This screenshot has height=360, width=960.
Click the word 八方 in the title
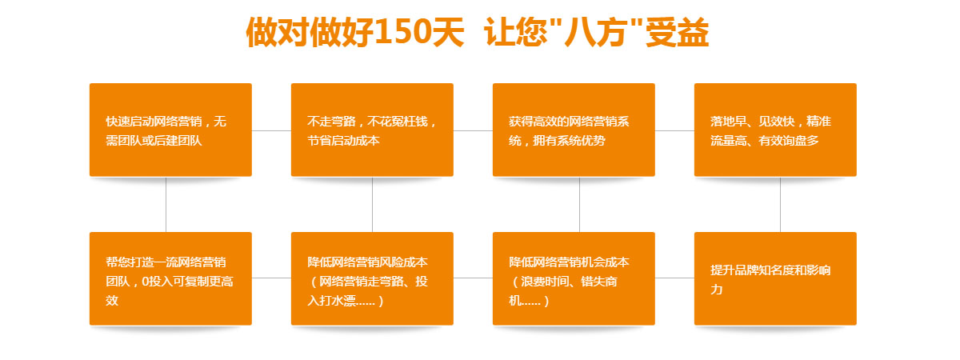tap(596, 32)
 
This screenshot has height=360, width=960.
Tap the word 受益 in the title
tap(677, 32)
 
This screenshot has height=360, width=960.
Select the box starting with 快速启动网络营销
tap(170, 130)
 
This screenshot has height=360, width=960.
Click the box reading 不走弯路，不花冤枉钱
tap(372, 130)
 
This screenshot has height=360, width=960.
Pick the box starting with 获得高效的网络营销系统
tap(574, 130)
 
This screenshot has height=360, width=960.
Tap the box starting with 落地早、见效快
tap(775, 130)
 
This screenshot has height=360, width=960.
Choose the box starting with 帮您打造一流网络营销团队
tap(170, 278)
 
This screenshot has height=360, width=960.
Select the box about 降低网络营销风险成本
tap(372, 278)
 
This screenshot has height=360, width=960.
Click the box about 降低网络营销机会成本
tap(574, 278)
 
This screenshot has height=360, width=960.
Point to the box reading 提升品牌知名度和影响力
tap(775, 278)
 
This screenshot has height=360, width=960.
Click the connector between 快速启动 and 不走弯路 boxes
tap(271, 130)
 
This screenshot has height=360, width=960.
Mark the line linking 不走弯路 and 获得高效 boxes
tap(473, 130)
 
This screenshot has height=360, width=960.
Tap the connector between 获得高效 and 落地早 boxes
tap(674, 130)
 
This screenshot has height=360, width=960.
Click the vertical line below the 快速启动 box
tap(166, 205)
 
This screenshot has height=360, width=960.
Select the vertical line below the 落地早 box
tap(780, 205)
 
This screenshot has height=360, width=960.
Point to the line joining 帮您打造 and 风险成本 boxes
tap(271, 278)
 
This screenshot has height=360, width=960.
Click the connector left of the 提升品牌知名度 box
tap(674, 278)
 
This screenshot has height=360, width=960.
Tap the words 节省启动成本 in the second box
tap(344, 141)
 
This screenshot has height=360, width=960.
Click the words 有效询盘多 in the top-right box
tap(789, 141)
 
